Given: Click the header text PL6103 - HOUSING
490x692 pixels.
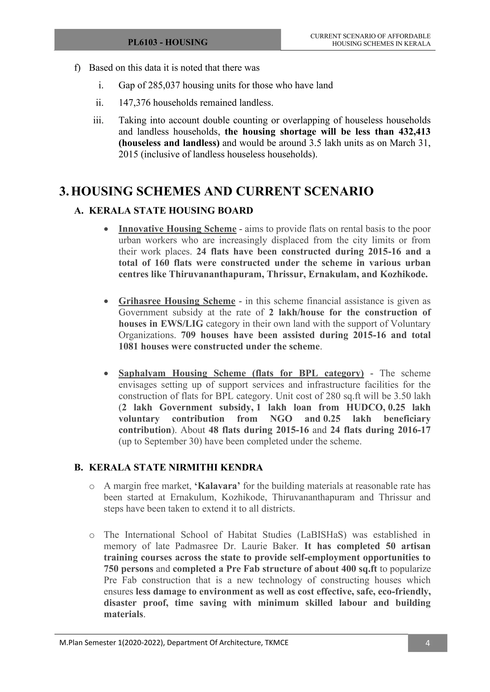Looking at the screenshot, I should [x=167, y=42].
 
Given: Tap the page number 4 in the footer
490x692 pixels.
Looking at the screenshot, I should [x=427, y=643].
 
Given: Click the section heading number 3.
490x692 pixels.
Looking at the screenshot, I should [x=64, y=191].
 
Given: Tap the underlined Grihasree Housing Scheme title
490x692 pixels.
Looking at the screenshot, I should [x=177, y=301].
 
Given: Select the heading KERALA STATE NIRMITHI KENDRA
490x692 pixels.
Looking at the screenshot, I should [x=176, y=467].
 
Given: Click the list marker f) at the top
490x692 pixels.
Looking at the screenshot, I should [x=77, y=68].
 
